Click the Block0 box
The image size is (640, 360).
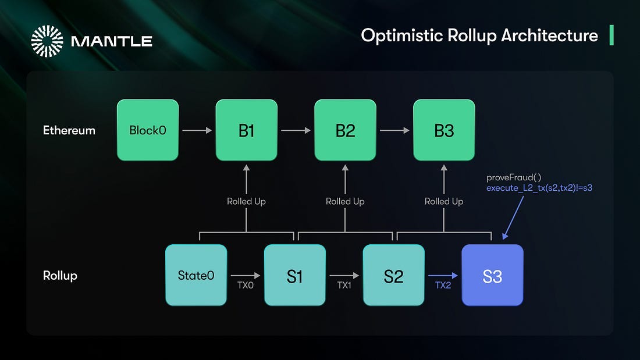click(148, 130)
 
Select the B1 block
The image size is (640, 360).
click(247, 130)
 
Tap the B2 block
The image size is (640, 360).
click(345, 130)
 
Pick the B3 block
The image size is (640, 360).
click(444, 130)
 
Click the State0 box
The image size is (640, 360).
click(196, 275)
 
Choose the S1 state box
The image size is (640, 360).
click(295, 275)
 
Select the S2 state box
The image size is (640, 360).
click(393, 275)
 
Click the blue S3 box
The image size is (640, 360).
click(492, 275)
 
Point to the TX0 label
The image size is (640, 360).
click(246, 286)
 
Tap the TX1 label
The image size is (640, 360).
click(344, 286)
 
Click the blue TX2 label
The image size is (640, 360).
click(443, 286)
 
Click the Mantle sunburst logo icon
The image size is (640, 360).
click(47, 41)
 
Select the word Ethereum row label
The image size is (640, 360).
click(69, 130)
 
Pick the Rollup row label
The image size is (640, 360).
click(60, 276)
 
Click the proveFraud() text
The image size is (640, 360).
click(514, 177)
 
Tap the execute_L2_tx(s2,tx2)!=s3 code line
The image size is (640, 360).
click(539, 188)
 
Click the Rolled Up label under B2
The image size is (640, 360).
click(345, 201)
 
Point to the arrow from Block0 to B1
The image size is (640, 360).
click(197, 130)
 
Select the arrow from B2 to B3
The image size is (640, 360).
click(394, 130)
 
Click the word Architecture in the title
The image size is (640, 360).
click(549, 35)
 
